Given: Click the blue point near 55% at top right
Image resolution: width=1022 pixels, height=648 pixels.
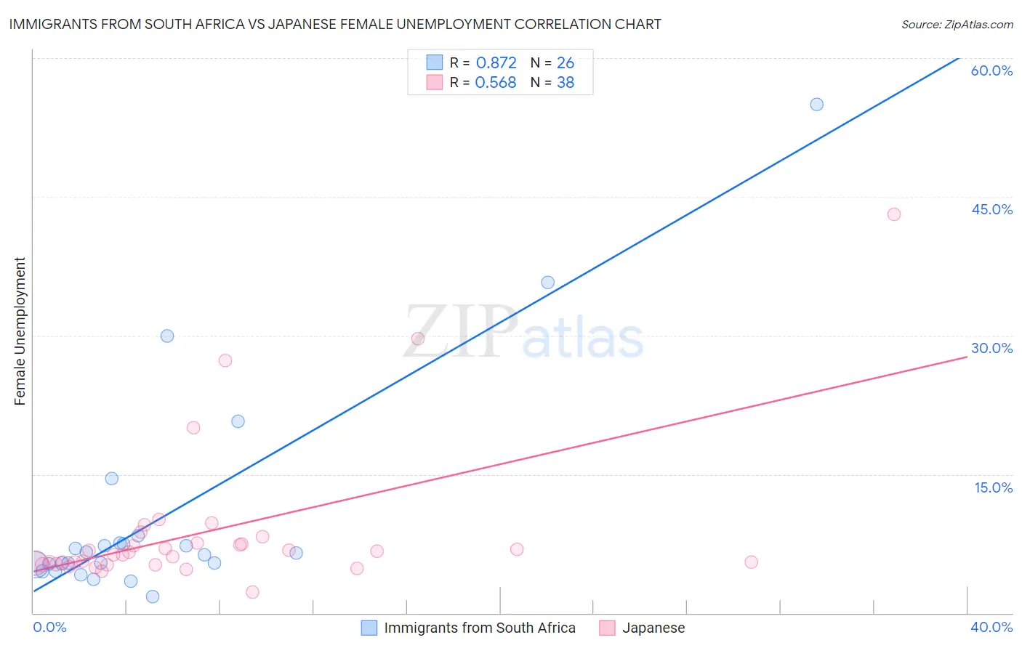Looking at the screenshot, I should click(816, 105).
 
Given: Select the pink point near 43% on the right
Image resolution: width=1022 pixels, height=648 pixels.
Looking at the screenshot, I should click(893, 214).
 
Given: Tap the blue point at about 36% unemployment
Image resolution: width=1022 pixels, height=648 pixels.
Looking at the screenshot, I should click(547, 283).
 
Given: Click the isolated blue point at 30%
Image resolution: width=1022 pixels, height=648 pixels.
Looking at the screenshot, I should click(167, 336).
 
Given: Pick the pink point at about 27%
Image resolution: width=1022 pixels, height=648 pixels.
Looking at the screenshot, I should click(225, 360).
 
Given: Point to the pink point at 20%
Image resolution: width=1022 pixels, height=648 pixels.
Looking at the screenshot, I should click(193, 428).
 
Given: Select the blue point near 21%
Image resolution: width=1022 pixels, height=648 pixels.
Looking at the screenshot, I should click(238, 421).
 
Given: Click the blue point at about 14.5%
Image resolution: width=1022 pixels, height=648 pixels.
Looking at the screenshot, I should click(111, 479).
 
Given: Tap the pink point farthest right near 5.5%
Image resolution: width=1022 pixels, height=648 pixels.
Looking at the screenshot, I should click(751, 562).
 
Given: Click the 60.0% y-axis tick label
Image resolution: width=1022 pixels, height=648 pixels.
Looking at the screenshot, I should click(991, 70).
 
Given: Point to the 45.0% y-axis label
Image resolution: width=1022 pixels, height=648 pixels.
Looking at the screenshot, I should click(991, 209).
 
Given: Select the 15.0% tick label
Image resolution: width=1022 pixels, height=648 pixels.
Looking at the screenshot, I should click(993, 487).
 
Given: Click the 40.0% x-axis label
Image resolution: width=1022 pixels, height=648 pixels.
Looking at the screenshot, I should click(991, 627).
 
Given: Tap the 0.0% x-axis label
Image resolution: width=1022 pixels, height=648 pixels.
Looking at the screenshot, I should click(50, 627).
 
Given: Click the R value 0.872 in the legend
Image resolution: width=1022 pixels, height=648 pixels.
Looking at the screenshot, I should click(496, 63).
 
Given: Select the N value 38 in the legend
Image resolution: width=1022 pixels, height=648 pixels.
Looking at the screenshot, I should click(565, 83).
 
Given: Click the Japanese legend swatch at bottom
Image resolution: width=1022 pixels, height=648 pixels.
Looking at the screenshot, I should click(607, 628).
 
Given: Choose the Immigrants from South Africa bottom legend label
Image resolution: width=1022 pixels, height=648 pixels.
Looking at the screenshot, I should click(479, 628).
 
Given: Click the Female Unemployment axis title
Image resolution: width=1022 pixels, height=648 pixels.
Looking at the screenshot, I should click(20, 331).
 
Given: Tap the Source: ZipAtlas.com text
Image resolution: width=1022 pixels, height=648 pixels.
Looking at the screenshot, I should click(957, 25).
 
